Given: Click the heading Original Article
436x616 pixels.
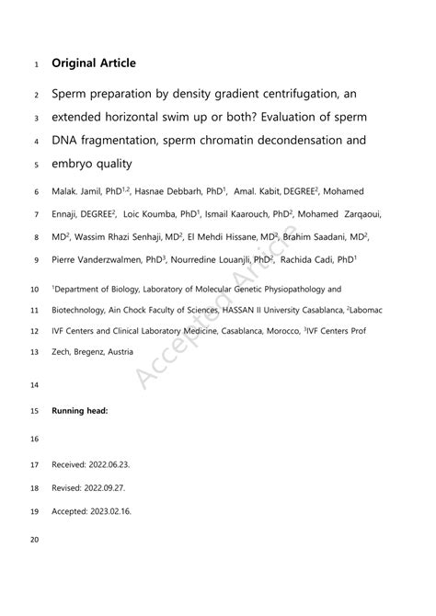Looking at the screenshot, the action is point(94,63).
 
